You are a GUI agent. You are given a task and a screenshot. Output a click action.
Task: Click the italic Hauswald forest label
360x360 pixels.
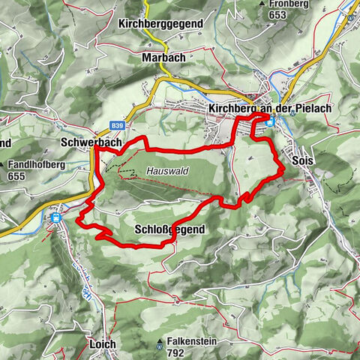tap(167, 170)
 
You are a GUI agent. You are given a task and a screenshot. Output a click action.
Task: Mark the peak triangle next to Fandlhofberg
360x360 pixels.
tap(4, 165)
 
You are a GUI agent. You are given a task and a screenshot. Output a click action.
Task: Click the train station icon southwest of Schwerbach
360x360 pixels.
tap(55, 218)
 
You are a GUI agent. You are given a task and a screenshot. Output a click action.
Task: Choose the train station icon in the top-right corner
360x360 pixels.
tap(350, 13)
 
